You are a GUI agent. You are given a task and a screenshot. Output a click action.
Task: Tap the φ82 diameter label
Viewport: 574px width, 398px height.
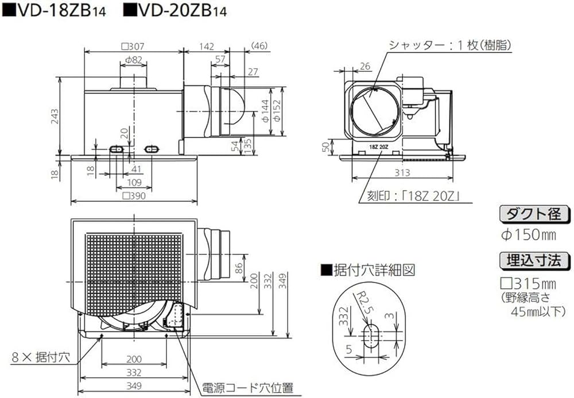click(133, 60)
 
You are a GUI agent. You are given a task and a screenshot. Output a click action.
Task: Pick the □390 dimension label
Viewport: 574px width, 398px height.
click(133, 195)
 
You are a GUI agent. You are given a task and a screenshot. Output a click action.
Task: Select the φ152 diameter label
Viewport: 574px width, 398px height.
click(277, 110)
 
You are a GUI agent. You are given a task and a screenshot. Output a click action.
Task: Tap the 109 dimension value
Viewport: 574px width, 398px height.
click(133, 182)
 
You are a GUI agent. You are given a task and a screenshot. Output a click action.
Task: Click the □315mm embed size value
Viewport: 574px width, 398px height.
click(529, 284)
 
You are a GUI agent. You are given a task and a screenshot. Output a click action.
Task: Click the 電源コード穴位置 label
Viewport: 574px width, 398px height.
click(249, 388)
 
